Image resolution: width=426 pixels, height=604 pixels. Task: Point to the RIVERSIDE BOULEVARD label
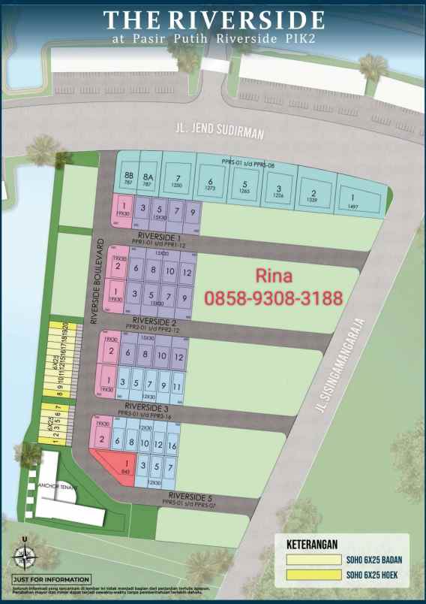coord(96,281)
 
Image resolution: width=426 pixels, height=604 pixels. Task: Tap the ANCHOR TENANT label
coord(54,485)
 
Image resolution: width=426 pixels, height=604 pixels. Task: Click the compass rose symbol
coord(25,557)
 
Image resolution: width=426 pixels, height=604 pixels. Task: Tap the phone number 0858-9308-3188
coord(273,298)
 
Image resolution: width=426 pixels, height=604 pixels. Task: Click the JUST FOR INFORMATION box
coord(51,579)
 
